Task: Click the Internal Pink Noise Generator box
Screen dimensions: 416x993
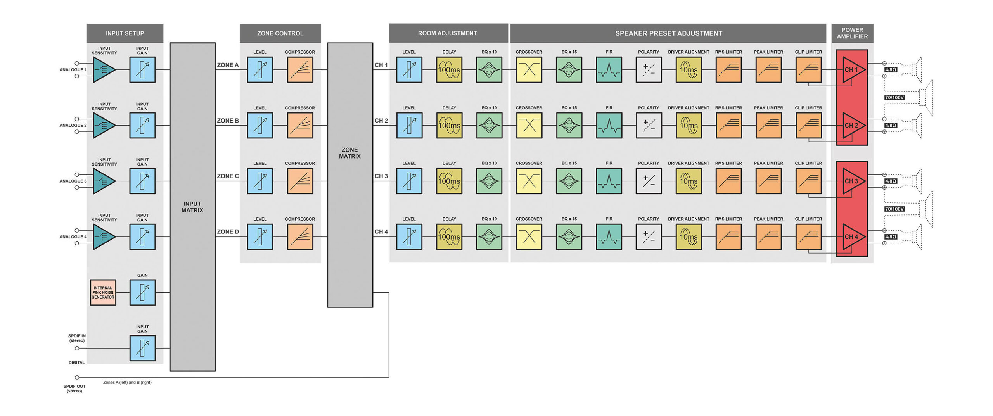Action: (x=103, y=292)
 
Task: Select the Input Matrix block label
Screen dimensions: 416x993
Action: (x=192, y=207)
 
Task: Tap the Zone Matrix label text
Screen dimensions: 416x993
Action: (x=349, y=153)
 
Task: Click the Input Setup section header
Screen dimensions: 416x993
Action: (x=125, y=33)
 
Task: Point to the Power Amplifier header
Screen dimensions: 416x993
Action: (x=852, y=33)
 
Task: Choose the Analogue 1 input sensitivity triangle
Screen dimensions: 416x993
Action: (x=103, y=70)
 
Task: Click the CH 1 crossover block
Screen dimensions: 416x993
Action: (x=529, y=70)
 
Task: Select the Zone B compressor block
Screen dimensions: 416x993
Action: (x=300, y=125)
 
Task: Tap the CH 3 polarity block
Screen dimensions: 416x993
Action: (x=648, y=181)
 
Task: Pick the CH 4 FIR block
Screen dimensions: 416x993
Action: (x=609, y=236)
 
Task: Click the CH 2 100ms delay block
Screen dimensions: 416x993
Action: (x=449, y=125)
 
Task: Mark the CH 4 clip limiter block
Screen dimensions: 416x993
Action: (x=808, y=236)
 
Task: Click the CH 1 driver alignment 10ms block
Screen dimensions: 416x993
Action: (x=689, y=70)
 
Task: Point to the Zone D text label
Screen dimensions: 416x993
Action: (x=228, y=232)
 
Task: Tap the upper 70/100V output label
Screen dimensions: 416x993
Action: (x=894, y=98)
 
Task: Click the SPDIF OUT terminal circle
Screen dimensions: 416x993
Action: (x=77, y=377)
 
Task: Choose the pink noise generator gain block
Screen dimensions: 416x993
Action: (x=142, y=292)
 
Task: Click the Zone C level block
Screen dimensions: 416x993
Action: (x=260, y=181)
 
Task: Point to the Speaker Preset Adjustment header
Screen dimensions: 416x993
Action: (x=668, y=33)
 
